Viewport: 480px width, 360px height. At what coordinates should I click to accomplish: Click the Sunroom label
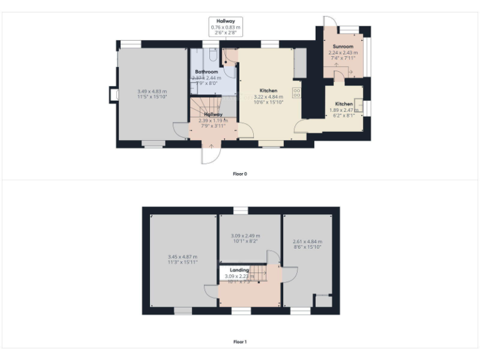pyautogui.click(x=343, y=47)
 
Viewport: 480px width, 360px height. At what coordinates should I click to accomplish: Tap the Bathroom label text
pyautogui.click(x=206, y=72)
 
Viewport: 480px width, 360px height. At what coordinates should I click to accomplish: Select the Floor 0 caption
pyautogui.click(x=240, y=173)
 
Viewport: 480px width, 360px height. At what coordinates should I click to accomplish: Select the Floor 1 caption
pyautogui.click(x=240, y=342)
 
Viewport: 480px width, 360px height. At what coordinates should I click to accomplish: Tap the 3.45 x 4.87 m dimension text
pyautogui.click(x=182, y=256)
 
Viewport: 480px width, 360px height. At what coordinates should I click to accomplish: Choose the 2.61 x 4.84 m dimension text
pyautogui.click(x=307, y=241)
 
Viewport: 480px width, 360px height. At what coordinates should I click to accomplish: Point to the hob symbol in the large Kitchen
pyautogui.click(x=297, y=93)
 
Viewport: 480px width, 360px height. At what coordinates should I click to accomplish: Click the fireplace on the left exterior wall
pyautogui.click(x=112, y=94)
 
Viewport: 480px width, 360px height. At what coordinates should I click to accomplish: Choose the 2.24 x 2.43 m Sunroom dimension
pyautogui.click(x=343, y=53)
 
